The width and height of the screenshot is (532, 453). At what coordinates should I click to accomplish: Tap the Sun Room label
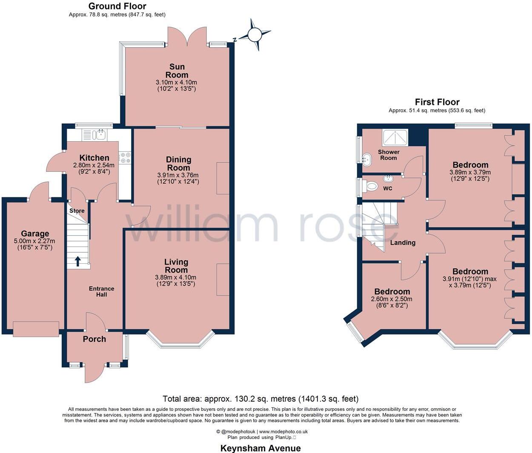tap(177, 71)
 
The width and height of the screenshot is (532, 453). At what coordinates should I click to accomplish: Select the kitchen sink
tap(100, 135)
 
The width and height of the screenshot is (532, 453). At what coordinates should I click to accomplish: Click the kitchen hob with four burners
tap(125, 157)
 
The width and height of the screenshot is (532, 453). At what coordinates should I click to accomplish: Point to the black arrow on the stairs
tap(77, 261)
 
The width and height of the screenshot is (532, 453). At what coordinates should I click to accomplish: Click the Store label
tap(77, 211)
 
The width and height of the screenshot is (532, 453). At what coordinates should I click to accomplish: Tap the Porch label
tap(94, 339)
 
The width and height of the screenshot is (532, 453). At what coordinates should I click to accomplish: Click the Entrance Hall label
tap(101, 291)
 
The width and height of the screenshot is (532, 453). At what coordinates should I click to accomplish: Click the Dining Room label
tap(178, 163)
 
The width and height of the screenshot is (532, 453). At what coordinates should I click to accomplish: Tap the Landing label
tap(403, 242)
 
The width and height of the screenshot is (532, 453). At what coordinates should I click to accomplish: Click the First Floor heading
tap(437, 102)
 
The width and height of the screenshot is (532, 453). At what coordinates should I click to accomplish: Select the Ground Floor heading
tap(117, 6)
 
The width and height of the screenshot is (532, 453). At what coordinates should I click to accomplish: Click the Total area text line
tap(260, 399)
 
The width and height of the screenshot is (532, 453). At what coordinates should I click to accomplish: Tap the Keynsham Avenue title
tap(260, 448)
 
